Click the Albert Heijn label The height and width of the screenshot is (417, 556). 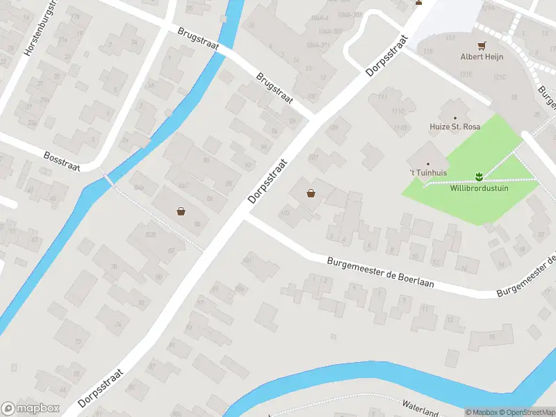(x=482, y=57)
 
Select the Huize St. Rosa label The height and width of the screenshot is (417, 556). (x=455, y=128)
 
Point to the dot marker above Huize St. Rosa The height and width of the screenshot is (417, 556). (x=455, y=118)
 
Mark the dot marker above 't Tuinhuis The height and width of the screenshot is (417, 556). (x=427, y=164)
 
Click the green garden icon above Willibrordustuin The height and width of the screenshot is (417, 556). (x=478, y=177)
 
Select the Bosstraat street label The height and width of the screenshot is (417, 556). (x=62, y=161)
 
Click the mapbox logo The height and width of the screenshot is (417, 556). (x=31, y=409)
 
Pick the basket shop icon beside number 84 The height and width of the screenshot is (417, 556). (x=181, y=211)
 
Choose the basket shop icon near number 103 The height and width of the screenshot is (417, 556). (x=311, y=194)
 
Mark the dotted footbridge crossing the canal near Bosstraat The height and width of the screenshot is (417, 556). (x=108, y=179)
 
